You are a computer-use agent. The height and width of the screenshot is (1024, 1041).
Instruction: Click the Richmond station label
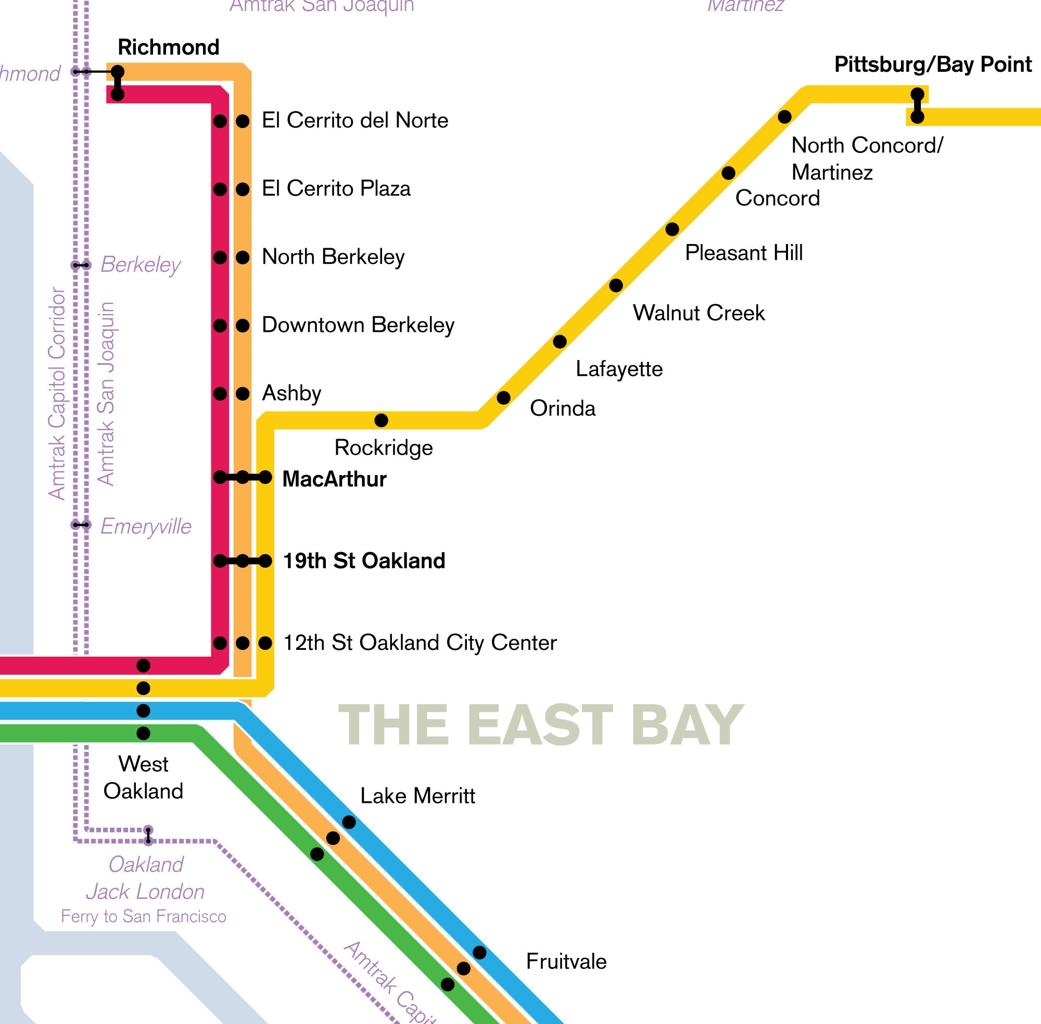[x=169, y=47]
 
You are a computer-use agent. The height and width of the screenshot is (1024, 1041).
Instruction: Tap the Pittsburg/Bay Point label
[x=932, y=65]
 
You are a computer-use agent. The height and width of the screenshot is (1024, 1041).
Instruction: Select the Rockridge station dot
[x=381, y=420]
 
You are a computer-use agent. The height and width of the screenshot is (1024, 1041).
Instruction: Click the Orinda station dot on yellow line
[x=503, y=398]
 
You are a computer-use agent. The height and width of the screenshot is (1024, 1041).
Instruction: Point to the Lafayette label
[x=619, y=369]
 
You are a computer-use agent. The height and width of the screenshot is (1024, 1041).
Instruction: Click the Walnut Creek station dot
[x=616, y=285]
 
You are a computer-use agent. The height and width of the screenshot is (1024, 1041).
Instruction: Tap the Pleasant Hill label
[x=743, y=253]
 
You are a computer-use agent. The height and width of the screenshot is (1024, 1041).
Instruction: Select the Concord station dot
[x=728, y=173]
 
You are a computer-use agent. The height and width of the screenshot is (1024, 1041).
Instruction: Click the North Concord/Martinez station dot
[x=785, y=117]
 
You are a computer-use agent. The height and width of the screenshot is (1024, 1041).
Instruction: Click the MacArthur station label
[x=334, y=479]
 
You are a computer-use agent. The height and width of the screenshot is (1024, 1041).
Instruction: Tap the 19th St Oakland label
[x=364, y=561]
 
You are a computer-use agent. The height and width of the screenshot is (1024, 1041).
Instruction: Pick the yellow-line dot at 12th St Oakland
[x=265, y=643]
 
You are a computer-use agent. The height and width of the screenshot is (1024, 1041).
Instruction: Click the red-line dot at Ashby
[x=220, y=394]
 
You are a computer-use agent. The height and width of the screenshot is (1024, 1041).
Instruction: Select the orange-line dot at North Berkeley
[x=243, y=258]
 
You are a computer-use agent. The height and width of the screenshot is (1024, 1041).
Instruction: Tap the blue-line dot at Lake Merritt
[x=349, y=822]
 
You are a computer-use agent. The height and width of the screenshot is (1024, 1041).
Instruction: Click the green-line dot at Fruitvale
[x=448, y=985]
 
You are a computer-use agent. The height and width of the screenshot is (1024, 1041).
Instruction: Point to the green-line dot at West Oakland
[x=143, y=733]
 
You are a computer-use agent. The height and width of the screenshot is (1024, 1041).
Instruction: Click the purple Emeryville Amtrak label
[x=146, y=526]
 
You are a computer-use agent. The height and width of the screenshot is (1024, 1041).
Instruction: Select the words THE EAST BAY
[x=540, y=725]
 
